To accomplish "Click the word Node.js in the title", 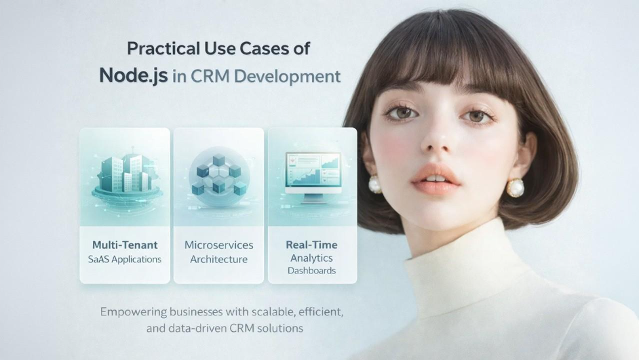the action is [x=133, y=76].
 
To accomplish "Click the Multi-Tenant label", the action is [x=125, y=245].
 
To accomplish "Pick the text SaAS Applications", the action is [x=125, y=259].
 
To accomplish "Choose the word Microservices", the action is [x=219, y=245].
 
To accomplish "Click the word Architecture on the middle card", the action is [x=219, y=259].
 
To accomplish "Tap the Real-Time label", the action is [x=312, y=245].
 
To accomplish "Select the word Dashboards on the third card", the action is [x=312, y=271].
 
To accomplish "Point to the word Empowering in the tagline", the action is [x=134, y=312].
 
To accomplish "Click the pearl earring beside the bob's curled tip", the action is [x=516, y=188].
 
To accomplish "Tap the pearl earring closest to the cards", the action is [x=374, y=185].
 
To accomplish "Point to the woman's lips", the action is [x=435, y=180].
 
